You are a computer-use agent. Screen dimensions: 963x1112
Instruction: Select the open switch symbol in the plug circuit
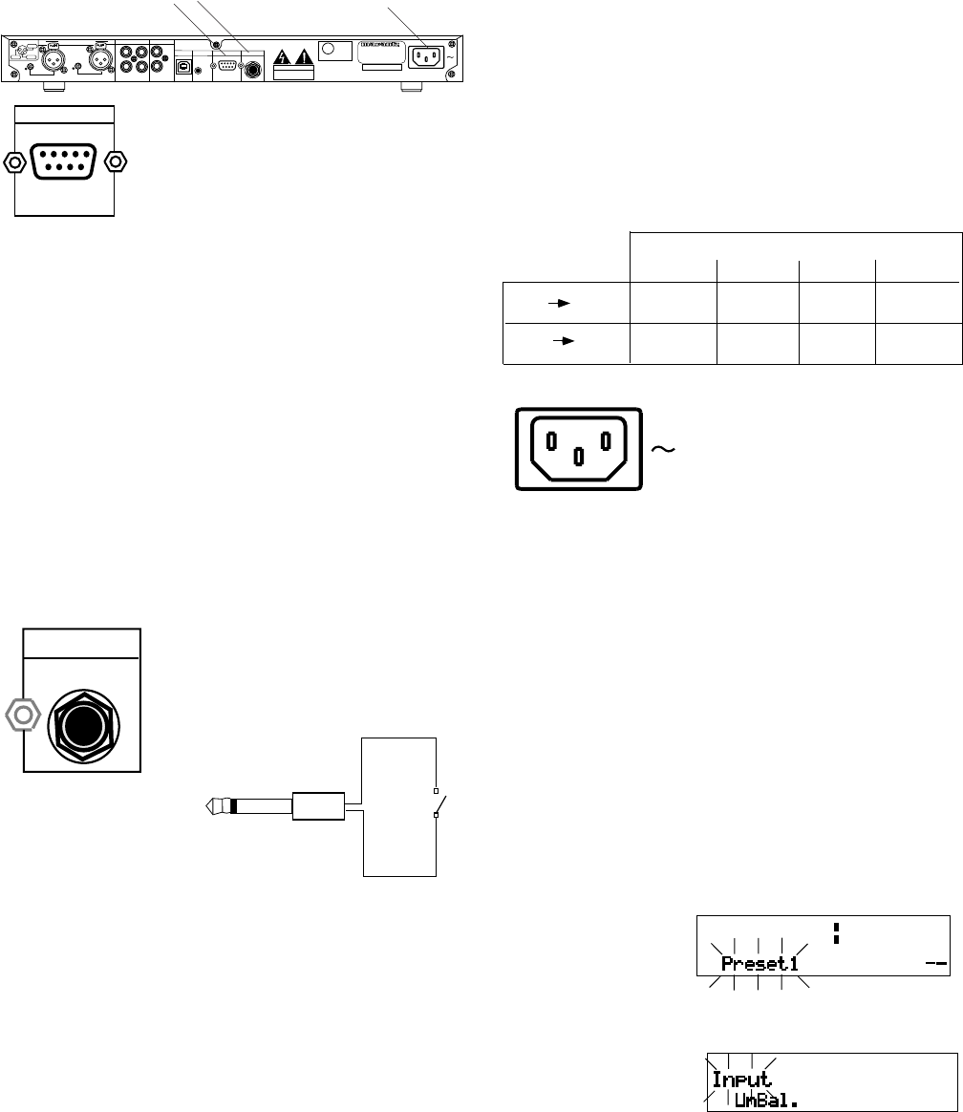(x=437, y=803)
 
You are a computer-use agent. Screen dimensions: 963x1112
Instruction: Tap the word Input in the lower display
(x=741, y=1080)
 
